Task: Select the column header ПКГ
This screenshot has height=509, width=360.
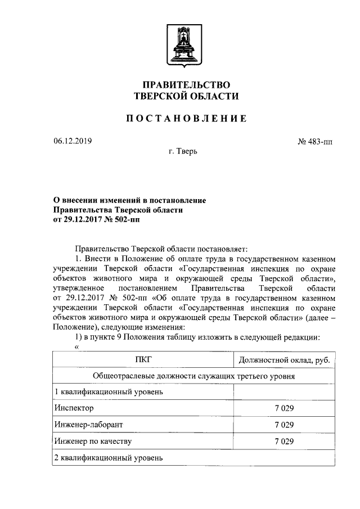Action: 143,360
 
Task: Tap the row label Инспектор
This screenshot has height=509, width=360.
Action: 74,408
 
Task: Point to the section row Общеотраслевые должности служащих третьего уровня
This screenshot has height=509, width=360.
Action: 194,376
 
